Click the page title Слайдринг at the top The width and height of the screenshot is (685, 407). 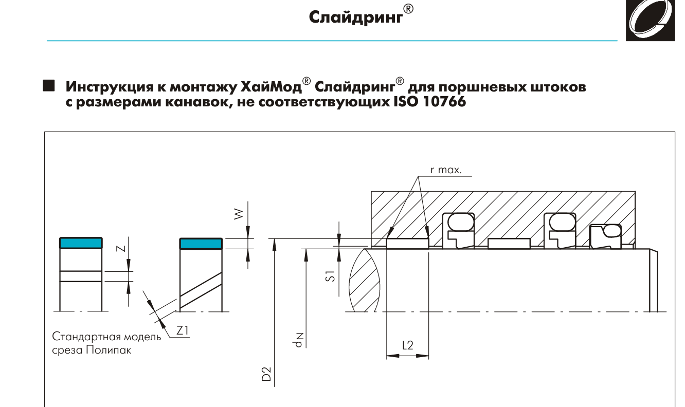356,17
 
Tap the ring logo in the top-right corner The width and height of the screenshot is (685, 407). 650,20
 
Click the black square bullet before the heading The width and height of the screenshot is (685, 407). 49,85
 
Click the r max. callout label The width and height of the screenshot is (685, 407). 446,170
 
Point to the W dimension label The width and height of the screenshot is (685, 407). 239,214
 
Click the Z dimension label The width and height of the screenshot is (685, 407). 121,248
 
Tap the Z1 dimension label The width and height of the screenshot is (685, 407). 182,330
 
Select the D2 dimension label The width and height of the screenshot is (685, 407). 266,374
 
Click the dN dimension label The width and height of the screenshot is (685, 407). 298,340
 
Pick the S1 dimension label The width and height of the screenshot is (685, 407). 330,276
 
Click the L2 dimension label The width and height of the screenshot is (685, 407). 408,345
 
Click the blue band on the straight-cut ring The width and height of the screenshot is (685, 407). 81,243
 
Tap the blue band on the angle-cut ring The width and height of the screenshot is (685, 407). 201,244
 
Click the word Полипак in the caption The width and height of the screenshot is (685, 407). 109,350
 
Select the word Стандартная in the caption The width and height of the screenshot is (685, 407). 83,337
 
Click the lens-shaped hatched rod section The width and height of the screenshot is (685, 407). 365,281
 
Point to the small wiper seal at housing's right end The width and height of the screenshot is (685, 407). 605,236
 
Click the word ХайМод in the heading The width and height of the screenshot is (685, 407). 271,87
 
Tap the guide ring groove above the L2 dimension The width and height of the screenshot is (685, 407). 408,244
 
